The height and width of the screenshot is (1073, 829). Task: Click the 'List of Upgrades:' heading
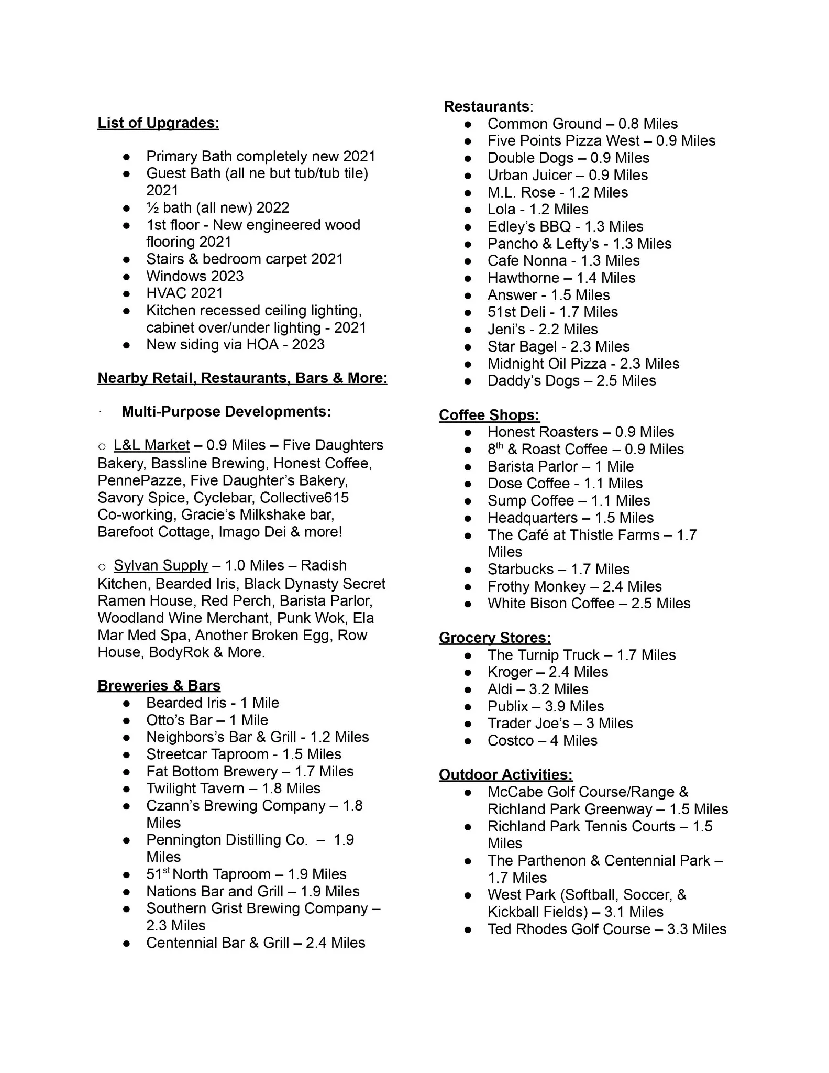click(x=158, y=123)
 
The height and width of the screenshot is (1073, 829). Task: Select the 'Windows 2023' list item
click(x=195, y=276)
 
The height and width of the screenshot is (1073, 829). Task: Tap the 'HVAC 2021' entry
click(x=184, y=293)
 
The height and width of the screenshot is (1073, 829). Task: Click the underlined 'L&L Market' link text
click(x=151, y=445)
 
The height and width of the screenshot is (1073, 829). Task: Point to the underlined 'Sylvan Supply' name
click(x=161, y=566)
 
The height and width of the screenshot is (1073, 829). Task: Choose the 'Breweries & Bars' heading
click(x=159, y=686)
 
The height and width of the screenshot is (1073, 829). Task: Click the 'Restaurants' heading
click(x=487, y=107)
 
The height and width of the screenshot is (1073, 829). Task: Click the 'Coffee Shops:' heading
click(x=489, y=415)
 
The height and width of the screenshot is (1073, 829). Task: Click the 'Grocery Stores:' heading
click(x=495, y=638)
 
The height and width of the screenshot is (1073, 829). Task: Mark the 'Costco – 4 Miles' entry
click(x=542, y=741)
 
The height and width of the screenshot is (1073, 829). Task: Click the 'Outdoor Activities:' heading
click(x=505, y=775)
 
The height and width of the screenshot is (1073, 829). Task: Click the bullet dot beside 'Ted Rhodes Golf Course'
click(x=468, y=930)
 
